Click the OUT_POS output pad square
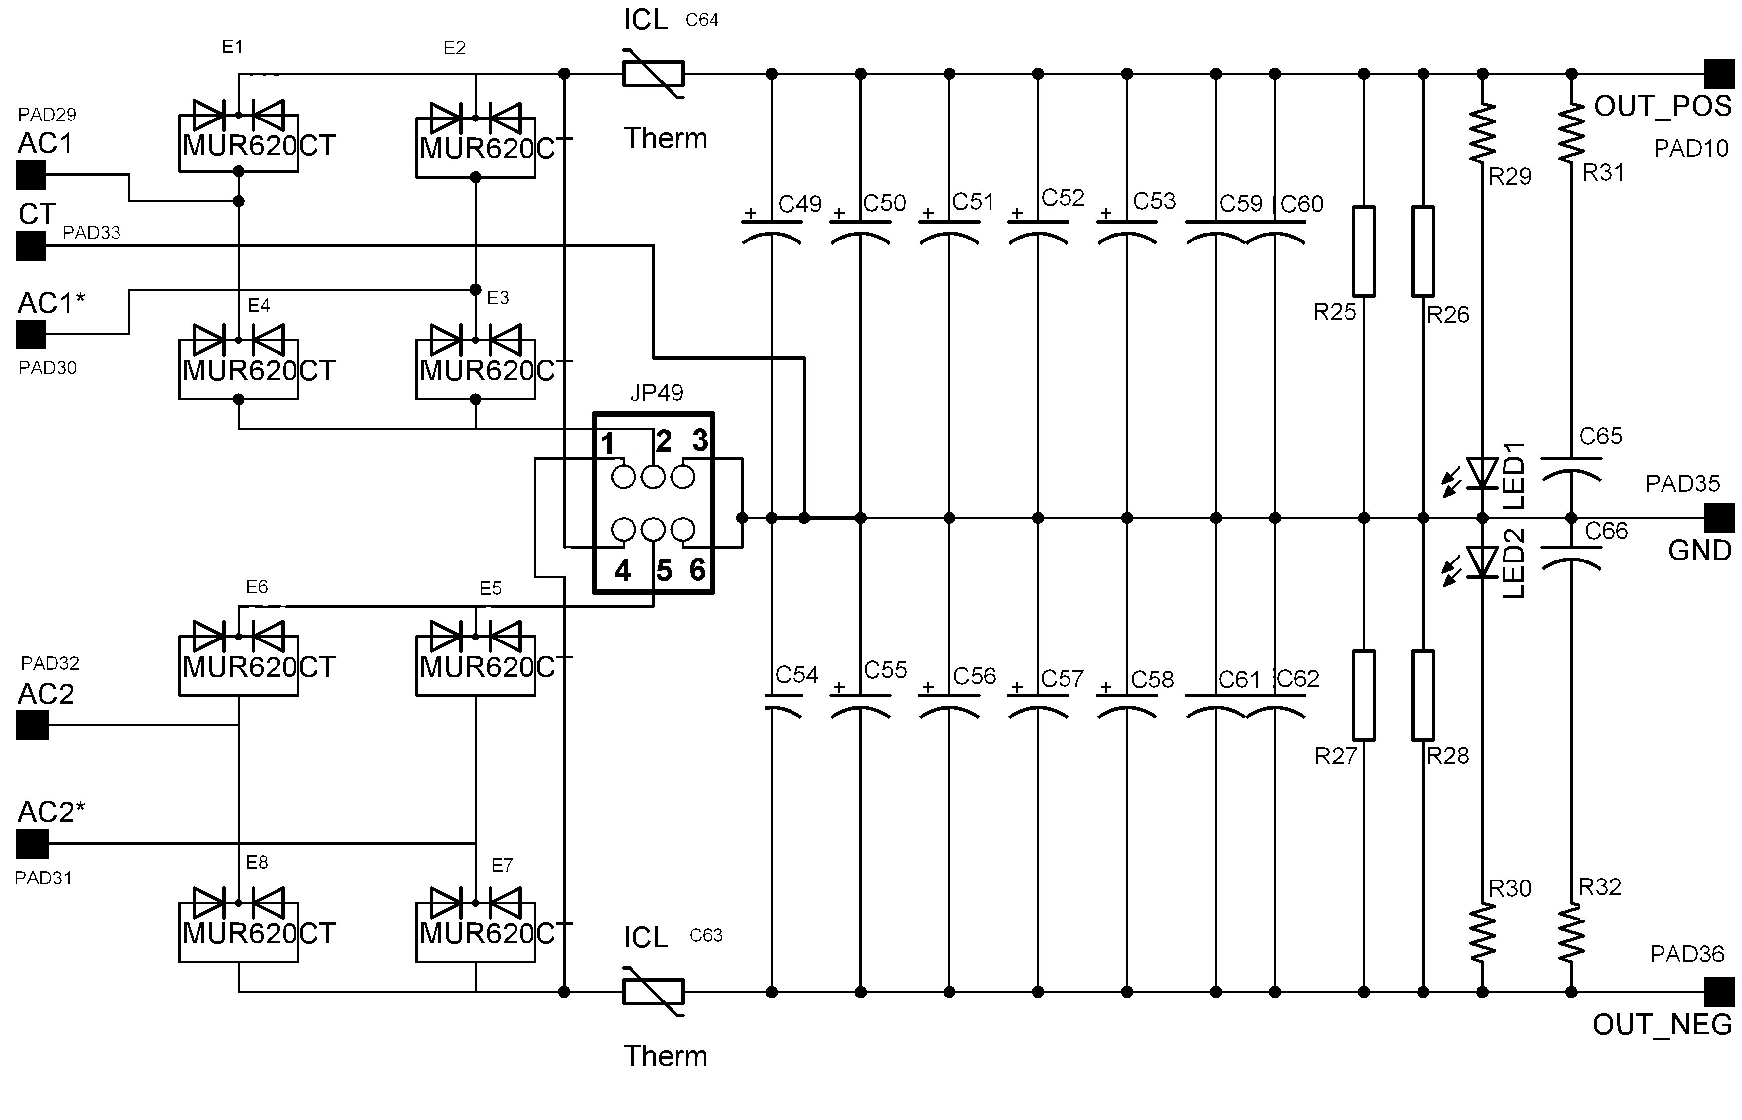pos(1719,74)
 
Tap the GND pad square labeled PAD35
pos(1719,518)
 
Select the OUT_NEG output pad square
pos(1719,991)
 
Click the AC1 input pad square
pos(31,174)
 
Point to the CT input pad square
pos(31,246)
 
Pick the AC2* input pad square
pos(32,843)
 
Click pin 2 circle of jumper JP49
pos(653,477)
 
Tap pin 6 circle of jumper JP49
pos(683,529)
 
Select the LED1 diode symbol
pos(1482,474)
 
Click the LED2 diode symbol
pos(1482,562)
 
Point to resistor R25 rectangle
pos(1363,252)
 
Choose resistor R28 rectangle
pos(1423,695)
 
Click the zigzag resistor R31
pos(1571,132)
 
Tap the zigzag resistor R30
pos(1482,934)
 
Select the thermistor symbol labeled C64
pos(653,74)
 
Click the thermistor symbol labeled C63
pos(653,991)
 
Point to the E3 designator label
pos(498,297)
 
